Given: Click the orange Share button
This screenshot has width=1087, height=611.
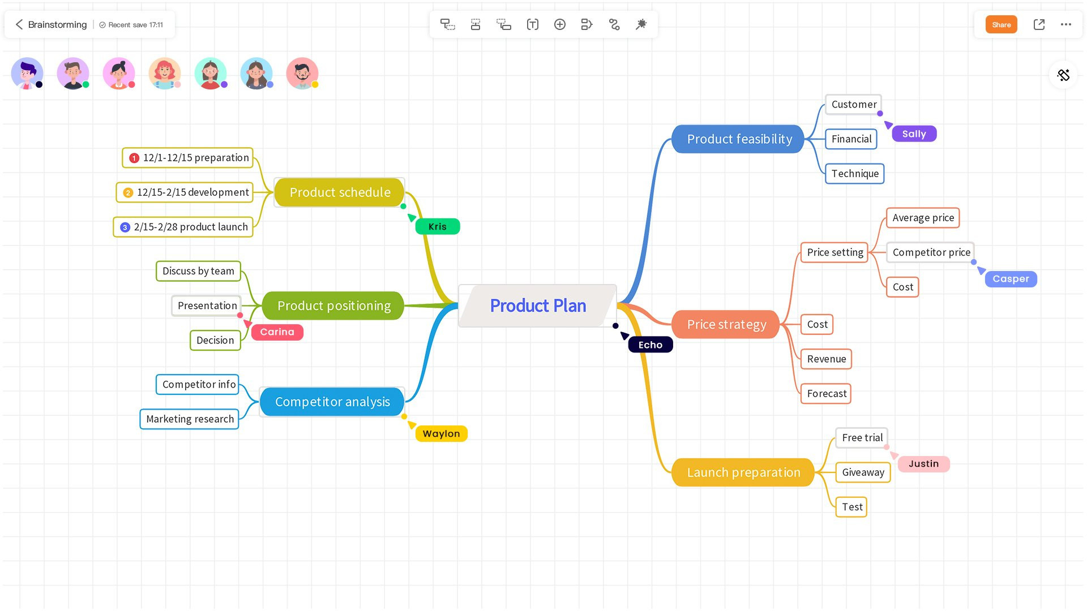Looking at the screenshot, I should click(1001, 24).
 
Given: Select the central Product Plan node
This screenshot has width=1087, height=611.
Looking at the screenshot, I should click(537, 305).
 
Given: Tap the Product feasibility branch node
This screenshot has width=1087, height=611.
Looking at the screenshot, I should click(739, 139).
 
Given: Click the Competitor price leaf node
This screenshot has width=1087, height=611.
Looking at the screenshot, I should click(931, 252).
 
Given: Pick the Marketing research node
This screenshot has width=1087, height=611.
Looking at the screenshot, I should click(190, 419).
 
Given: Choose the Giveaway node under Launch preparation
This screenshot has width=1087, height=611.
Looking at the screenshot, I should click(863, 472).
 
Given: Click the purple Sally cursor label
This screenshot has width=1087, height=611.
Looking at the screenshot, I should click(914, 134).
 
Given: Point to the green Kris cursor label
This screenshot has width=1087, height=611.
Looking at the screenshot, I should click(437, 227).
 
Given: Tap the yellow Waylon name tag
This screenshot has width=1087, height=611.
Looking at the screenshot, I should click(441, 434).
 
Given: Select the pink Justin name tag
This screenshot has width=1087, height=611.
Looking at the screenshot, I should click(923, 464).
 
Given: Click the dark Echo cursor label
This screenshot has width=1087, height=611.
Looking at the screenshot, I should click(650, 345).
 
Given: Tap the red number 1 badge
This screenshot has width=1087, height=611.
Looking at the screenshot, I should click(134, 158).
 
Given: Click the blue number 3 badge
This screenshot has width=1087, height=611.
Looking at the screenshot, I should click(125, 227).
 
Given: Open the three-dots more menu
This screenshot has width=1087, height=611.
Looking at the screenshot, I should click(1066, 24).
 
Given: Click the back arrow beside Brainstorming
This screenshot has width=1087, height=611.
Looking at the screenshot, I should click(19, 24).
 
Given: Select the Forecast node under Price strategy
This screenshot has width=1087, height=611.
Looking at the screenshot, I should click(826, 394).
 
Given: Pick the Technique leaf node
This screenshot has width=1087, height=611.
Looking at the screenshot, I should click(854, 174).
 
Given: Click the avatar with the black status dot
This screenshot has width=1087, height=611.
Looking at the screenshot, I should click(27, 74).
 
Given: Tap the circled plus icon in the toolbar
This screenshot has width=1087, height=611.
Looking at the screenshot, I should click(559, 24).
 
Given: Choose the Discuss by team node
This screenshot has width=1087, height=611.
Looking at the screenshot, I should click(198, 271).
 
